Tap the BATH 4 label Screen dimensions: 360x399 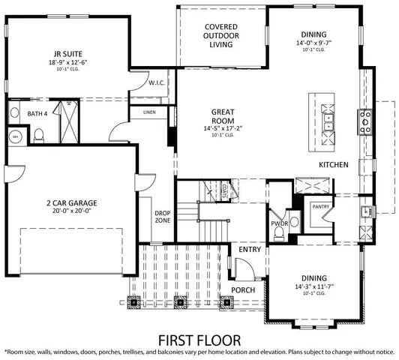37,114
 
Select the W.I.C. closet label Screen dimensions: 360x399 157,82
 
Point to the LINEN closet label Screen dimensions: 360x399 148,113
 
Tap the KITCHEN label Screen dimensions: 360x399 333,164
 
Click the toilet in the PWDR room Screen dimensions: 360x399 279,235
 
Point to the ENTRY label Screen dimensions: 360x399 250,249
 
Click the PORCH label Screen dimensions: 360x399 242,289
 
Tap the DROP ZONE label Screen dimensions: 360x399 163,217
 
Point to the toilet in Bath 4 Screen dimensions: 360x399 40,135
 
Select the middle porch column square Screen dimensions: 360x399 179,304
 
